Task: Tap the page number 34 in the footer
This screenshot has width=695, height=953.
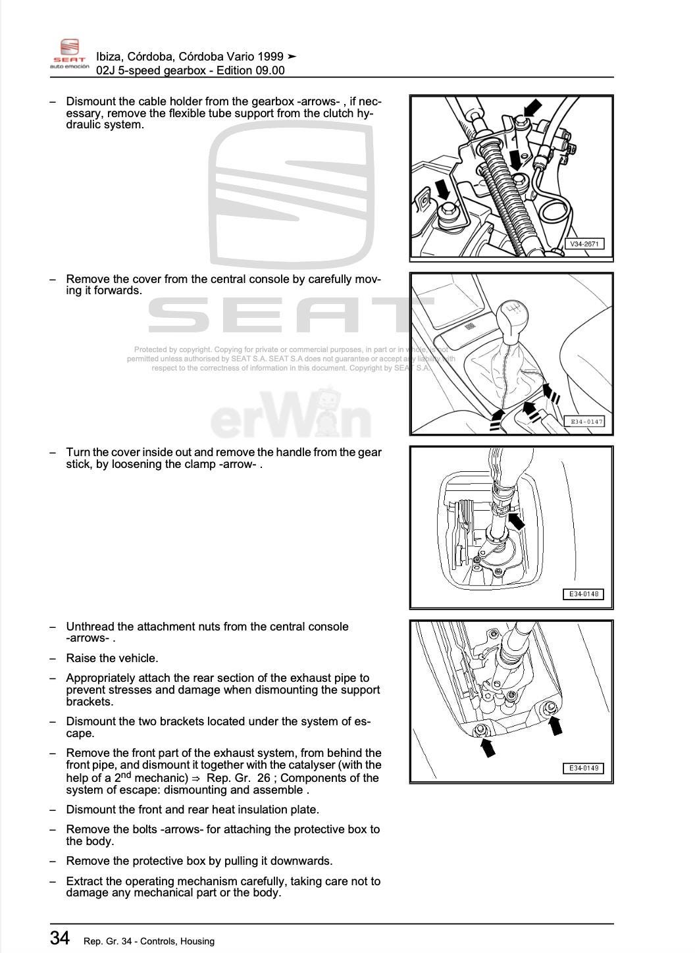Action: click(x=60, y=937)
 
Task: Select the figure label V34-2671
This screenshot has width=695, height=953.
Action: click(x=584, y=244)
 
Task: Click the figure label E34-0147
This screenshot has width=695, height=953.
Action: click(x=586, y=421)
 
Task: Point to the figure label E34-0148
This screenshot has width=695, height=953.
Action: click(x=584, y=594)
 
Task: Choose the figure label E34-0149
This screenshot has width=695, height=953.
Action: click(x=584, y=768)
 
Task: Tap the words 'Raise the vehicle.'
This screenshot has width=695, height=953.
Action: click(x=112, y=658)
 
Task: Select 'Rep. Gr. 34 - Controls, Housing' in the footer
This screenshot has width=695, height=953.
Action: click(x=149, y=941)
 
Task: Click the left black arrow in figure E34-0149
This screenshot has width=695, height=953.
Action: click(x=487, y=746)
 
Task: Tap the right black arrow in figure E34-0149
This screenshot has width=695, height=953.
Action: click(x=555, y=725)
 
